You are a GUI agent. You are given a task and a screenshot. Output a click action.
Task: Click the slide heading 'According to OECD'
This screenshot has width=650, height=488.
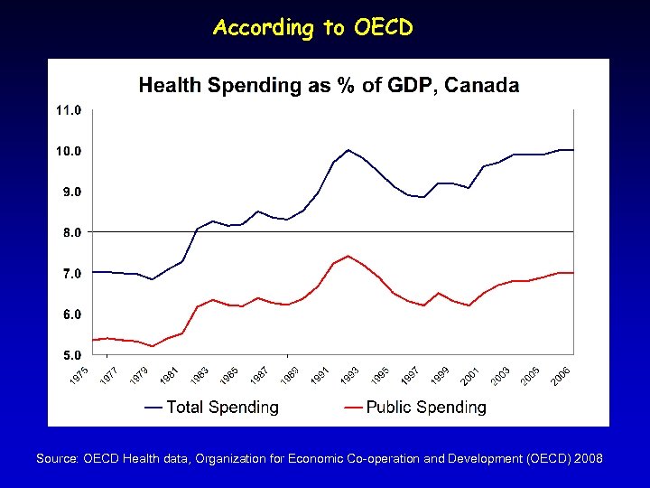313,28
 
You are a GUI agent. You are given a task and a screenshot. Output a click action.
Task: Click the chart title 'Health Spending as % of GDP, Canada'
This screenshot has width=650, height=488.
329,86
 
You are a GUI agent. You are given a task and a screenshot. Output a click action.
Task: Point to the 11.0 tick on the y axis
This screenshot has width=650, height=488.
70,110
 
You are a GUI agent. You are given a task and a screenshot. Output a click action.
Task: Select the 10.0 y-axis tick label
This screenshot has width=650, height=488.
70,151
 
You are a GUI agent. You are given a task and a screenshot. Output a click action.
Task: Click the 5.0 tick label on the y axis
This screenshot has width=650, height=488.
71,354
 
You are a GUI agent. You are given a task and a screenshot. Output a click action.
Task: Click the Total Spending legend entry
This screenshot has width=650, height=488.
211,408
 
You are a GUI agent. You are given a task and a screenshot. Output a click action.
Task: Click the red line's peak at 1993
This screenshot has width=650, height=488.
348,256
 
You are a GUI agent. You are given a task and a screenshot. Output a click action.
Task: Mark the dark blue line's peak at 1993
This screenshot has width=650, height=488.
348,150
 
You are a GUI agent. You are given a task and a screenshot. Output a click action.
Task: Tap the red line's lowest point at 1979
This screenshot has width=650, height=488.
153,346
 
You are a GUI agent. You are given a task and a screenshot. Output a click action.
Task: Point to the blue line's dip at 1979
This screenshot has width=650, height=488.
153,279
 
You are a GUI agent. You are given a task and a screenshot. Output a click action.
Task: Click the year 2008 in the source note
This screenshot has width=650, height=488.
588,459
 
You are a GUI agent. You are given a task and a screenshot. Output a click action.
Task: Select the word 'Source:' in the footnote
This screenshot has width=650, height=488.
57,459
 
